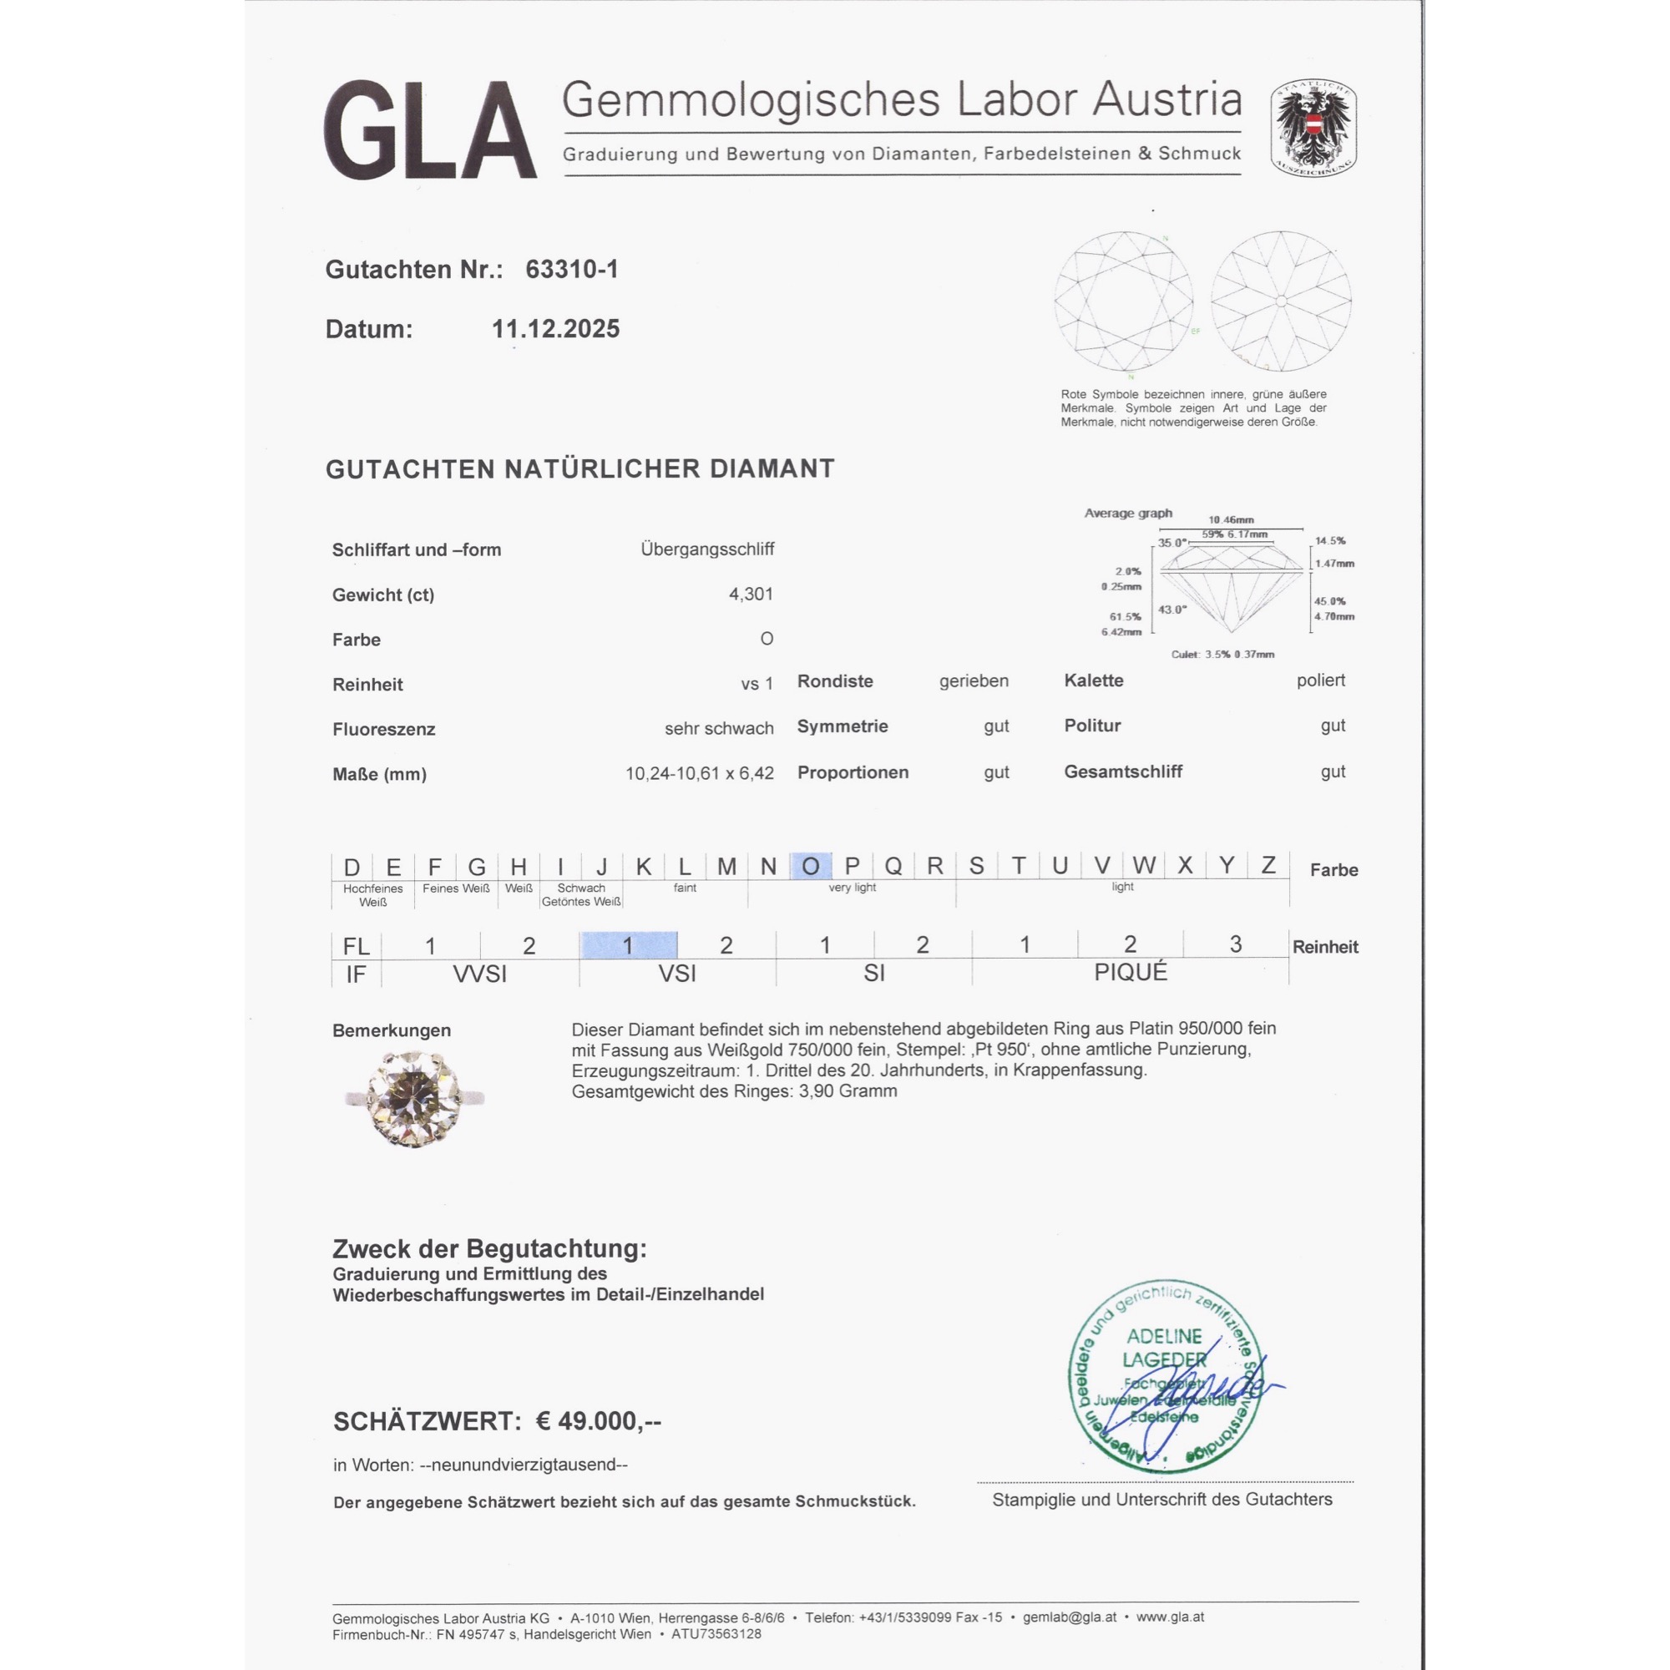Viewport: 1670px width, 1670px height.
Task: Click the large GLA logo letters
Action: pyautogui.click(x=429, y=130)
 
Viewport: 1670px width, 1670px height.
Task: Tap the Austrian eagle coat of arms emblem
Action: pyautogui.click(x=1313, y=129)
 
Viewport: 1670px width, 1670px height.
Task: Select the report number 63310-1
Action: pyautogui.click(x=571, y=270)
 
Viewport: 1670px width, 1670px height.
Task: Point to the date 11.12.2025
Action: pyautogui.click(x=555, y=329)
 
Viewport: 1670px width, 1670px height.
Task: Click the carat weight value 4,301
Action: pyautogui.click(x=751, y=594)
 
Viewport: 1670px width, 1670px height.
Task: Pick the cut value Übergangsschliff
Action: pyautogui.click(x=707, y=549)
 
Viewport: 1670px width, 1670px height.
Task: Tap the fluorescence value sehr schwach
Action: pyautogui.click(x=718, y=729)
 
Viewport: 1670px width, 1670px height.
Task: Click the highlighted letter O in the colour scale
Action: pyautogui.click(x=810, y=866)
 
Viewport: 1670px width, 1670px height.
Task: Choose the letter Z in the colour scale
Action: pyautogui.click(x=1268, y=865)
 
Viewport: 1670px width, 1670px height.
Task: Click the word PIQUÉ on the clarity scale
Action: pyautogui.click(x=1130, y=973)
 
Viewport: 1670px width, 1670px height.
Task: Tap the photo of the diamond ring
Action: pyautogui.click(x=414, y=1098)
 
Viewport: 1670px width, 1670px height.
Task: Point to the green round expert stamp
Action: pyautogui.click(x=1164, y=1376)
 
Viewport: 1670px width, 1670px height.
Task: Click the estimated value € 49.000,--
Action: pyautogui.click(x=598, y=1421)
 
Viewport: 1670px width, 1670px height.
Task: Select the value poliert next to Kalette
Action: pyautogui.click(x=1320, y=681)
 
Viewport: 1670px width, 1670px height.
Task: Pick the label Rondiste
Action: pyautogui.click(x=835, y=681)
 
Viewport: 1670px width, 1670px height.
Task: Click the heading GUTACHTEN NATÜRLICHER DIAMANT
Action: pyautogui.click(x=580, y=469)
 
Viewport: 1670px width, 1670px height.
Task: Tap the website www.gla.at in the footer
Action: pyautogui.click(x=1170, y=1617)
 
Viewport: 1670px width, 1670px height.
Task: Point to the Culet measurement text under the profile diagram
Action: pyautogui.click(x=1222, y=655)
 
